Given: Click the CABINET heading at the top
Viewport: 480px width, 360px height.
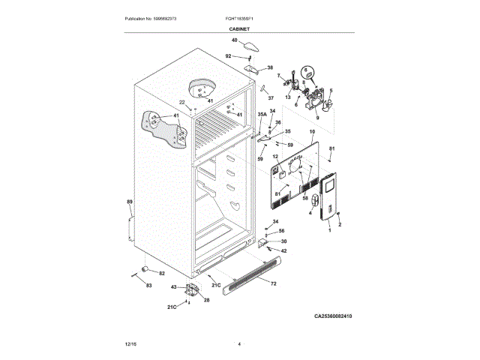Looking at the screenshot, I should (239, 28).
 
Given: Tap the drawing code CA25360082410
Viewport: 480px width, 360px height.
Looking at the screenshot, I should (333, 316).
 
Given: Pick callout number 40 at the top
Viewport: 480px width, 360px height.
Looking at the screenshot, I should (234, 40).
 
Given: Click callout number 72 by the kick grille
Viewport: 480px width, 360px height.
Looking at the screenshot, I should (273, 284).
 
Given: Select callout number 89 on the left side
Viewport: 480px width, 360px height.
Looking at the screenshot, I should (129, 202).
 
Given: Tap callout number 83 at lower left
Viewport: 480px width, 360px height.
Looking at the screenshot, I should (148, 286).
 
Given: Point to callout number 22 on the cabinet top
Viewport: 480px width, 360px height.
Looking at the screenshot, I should (181, 102).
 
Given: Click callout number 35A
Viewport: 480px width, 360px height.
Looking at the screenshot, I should (262, 115).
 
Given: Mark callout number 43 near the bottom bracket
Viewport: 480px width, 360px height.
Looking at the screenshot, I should (174, 286).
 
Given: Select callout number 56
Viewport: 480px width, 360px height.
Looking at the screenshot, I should (282, 231).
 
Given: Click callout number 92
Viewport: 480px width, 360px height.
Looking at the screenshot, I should (229, 55).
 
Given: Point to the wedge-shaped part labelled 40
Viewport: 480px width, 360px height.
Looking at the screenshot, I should (250, 46).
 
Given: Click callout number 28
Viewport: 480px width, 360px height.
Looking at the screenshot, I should (206, 300).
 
